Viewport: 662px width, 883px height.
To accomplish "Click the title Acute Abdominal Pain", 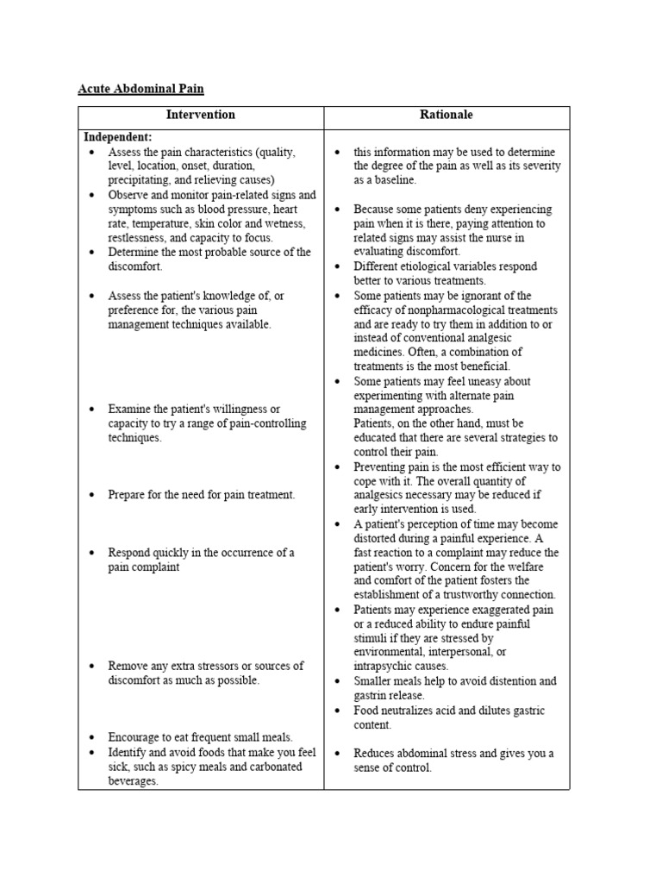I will coord(141,89).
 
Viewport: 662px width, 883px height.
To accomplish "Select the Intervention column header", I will coord(200,115).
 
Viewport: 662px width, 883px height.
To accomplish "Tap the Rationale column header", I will coord(447,115).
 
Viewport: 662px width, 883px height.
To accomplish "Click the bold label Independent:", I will coord(117,137).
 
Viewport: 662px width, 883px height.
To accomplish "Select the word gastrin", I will coord(372,695).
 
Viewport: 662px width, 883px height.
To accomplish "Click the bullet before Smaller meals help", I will coord(338,681).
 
